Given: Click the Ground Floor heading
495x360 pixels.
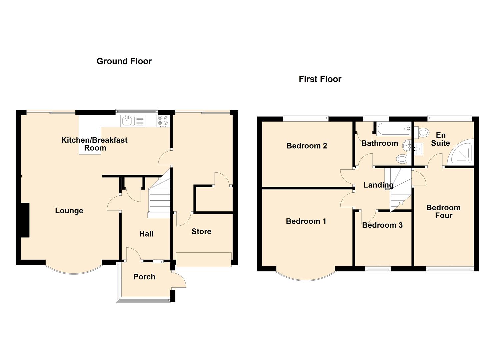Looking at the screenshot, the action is coord(124,61).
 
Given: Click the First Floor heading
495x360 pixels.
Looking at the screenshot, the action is coord(320,79).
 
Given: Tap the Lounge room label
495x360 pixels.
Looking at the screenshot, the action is coord(69,211).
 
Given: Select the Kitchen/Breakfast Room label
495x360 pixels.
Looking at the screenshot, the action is coord(95,144).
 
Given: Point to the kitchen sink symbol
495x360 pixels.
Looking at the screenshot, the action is coord(128,121).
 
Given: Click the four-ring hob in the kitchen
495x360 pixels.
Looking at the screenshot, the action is coord(163,121).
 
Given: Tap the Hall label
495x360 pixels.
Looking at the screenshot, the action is coord(146,234).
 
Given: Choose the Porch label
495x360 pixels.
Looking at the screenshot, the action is coord(144,277).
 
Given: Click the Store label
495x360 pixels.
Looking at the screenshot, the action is coord(201,231).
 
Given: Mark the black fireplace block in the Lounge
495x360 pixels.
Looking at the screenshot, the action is coord(25,220).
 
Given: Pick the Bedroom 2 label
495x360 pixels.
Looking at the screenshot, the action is coord(307,146).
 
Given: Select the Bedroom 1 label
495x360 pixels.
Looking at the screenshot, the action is coord(306,221).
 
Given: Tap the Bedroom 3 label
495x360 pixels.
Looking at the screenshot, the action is coord(382,225).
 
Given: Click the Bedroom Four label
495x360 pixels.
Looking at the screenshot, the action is coord(444,211).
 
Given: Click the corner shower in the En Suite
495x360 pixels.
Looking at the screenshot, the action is coord(461,152).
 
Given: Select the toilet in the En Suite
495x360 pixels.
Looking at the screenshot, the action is coord(422,133).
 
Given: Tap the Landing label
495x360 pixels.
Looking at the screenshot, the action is coord(379,185).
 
